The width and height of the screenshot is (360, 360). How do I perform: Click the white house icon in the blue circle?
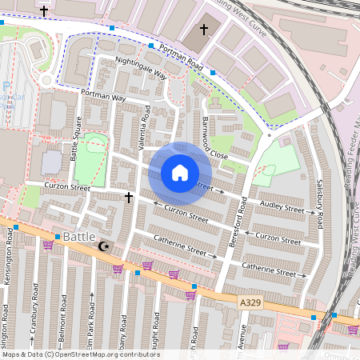(x=180, y=173)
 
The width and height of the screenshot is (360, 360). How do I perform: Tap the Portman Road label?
(x=182, y=57)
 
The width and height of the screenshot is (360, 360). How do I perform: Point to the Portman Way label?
(x=103, y=95)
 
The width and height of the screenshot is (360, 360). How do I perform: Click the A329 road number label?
(x=249, y=302)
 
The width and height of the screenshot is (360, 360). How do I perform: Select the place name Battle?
(x=78, y=238)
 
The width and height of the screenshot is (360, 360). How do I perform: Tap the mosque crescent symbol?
(x=102, y=246)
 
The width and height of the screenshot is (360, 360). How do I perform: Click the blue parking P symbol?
(x=6, y=87)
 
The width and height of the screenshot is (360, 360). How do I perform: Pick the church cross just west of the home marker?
(x=128, y=196)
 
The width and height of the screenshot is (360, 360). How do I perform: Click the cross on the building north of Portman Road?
(x=203, y=30)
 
